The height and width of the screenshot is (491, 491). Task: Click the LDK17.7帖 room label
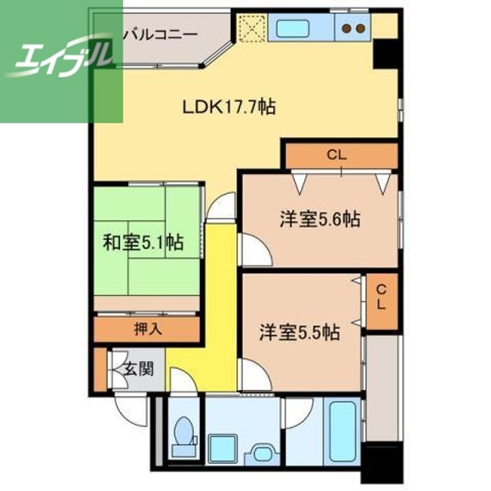pyautogui.click(x=229, y=108)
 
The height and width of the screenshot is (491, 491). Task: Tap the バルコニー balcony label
pyautogui.click(x=160, y=34)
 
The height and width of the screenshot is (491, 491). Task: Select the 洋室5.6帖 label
pyautogui.click(x=320, y=219)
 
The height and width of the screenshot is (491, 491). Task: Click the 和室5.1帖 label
pyautogui.click(x=143, y=242)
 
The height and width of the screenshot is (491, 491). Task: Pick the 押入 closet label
pyautogui.click(x=148, y=329)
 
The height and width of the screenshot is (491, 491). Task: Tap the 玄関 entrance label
pyautogui.click(x=138, y=369)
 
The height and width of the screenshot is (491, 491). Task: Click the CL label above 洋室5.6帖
pyautogui.click(x=337, y=155)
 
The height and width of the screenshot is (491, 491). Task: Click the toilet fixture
pyautogui.click(x=185, y=436)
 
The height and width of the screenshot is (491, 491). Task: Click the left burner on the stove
pyautogui.click(x=346, y=28)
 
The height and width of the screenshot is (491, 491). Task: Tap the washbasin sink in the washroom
pyautogui.click(x=263, y=453)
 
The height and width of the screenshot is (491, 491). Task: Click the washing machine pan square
pyautogui.click(x=222, y=449)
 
